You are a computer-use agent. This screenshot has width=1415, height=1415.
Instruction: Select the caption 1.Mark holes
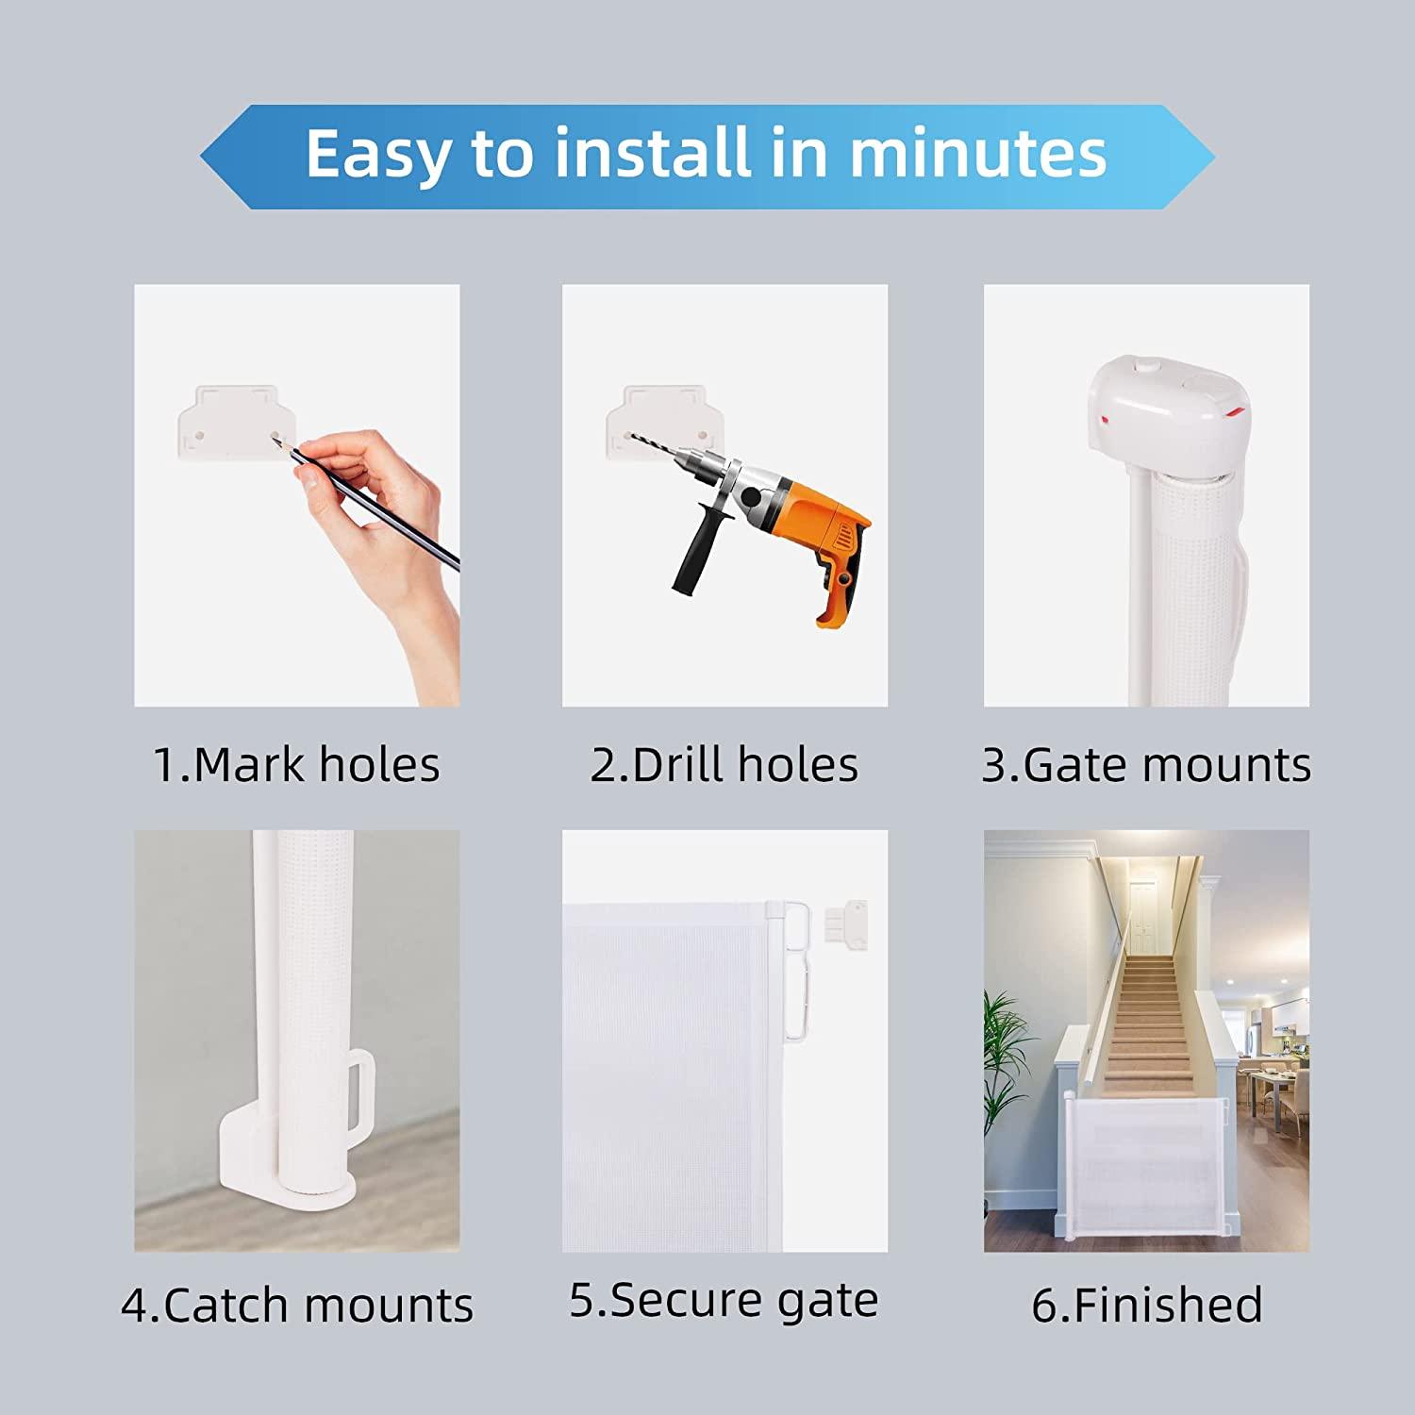(296, 764)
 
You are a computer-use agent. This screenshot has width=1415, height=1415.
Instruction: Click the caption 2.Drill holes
(724, 764)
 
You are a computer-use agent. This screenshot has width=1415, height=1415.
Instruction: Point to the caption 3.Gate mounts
(1146, 764)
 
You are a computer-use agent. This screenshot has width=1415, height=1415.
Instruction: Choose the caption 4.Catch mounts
(297, 1306)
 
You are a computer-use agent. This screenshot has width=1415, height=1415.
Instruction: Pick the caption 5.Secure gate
(724, 1301)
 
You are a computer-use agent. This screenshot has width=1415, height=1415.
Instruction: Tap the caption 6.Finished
(1146, 1306)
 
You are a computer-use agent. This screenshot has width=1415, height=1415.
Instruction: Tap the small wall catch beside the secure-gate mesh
(846, 920)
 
